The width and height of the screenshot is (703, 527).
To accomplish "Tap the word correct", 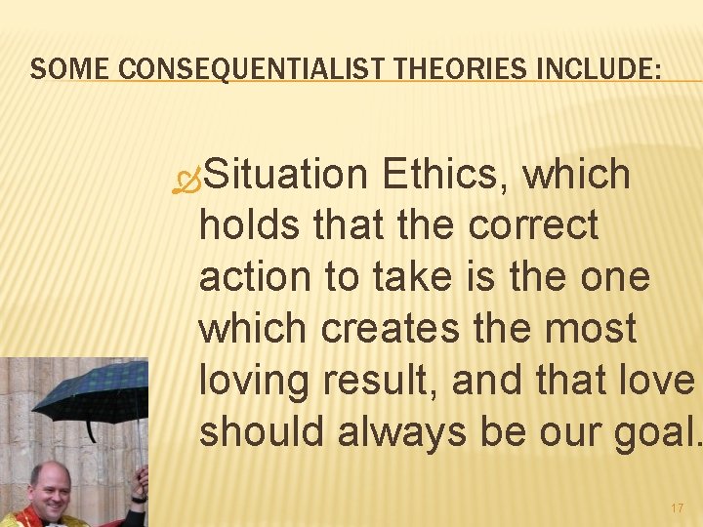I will point(533,225).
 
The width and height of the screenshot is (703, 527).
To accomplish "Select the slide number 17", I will point(678,508).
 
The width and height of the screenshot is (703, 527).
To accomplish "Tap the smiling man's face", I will point(55,488).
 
